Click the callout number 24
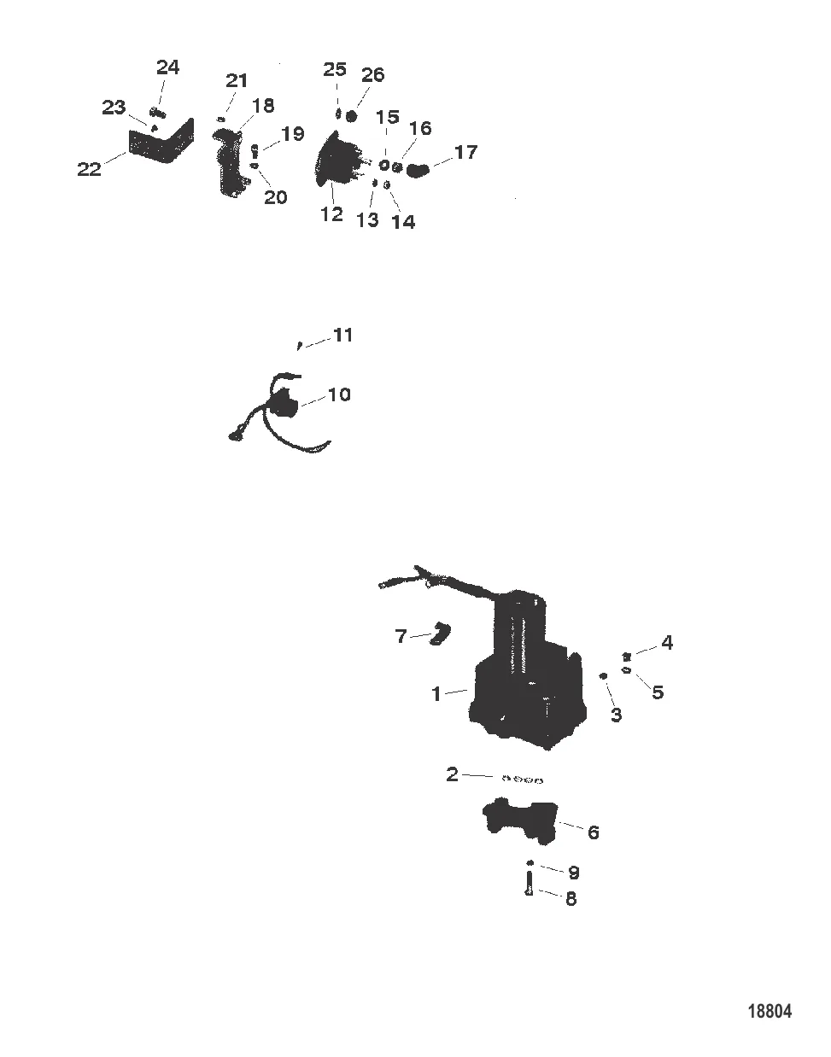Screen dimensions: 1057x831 168,67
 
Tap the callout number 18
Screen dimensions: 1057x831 263,105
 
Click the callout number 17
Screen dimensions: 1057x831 465,153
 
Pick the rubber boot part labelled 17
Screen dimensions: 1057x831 418,171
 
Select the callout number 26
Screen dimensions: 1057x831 372,75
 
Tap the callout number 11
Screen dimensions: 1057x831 342,335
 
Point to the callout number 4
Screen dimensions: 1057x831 667,642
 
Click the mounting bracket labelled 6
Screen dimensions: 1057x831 520,820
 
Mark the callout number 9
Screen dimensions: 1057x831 573,873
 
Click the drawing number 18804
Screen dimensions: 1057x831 770,1011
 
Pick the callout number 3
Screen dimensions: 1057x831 616,715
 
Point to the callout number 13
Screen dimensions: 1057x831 366,220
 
